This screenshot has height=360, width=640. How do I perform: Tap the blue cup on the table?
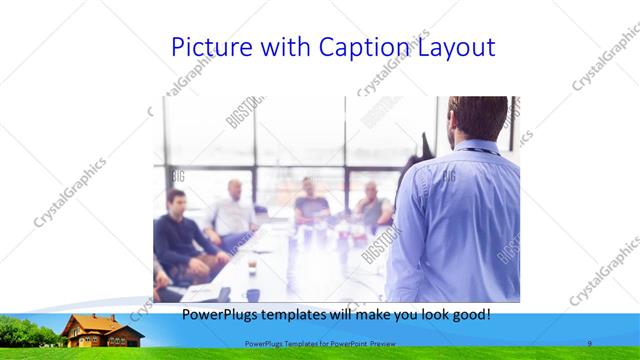click(253, 294)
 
